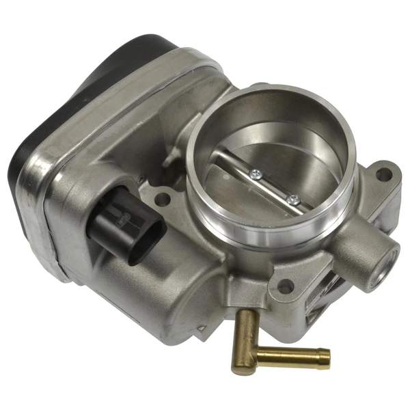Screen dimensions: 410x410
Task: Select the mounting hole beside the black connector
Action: [163, 200]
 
